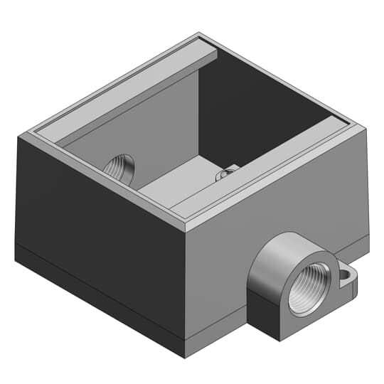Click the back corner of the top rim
click(x=200, y=33)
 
